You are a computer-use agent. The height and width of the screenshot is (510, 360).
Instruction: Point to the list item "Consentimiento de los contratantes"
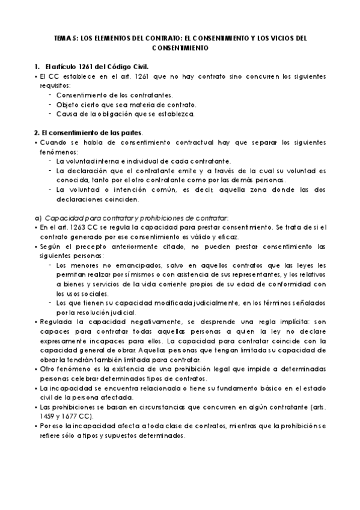(x=114, y=95)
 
